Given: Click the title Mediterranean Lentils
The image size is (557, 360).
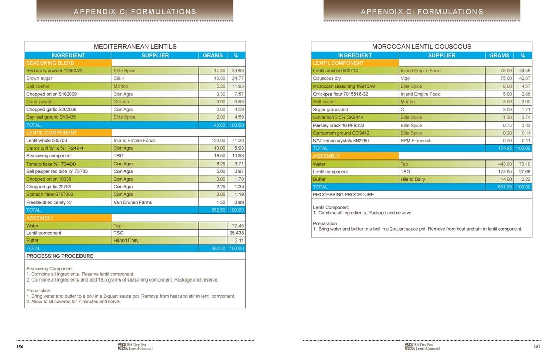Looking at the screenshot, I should (x=135, y=46).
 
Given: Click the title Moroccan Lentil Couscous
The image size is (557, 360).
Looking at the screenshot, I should (x=421, y=46).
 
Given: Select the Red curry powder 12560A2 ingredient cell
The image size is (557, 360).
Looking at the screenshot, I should (x=54, y=71).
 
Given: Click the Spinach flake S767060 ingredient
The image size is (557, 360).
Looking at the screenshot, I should (x=50, y=194).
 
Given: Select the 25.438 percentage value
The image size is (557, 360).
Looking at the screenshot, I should (x=236, y=233).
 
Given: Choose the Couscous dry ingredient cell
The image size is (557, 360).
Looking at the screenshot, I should (x=327, y=78).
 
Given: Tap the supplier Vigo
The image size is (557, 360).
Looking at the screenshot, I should (x=405, y=78).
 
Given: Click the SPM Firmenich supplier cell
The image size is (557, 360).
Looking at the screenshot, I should (x=416, y=140).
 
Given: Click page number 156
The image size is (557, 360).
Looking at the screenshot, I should (x=20, y=347).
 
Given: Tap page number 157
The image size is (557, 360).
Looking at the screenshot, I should (x=537, y=347).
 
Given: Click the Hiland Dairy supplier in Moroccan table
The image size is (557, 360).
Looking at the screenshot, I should (x=414, y=179).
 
